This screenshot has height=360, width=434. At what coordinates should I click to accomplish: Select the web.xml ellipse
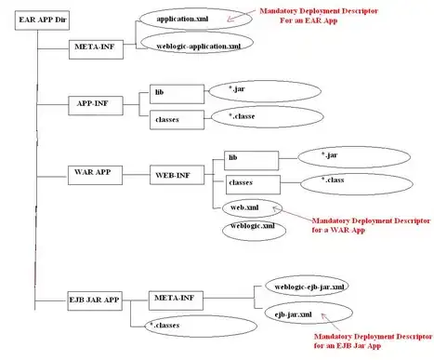tap(243, 206)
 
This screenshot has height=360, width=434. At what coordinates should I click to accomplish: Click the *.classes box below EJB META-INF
tap(171, 326)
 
